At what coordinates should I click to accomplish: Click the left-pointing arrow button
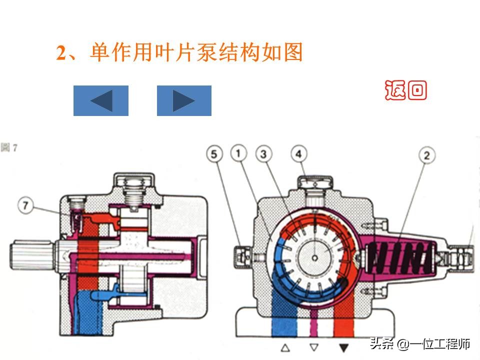101,100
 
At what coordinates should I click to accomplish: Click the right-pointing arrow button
184,100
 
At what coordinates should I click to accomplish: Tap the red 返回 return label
406,90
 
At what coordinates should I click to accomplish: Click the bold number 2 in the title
61,53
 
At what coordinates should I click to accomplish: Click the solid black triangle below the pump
343,347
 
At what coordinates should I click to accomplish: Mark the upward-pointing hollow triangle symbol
285,347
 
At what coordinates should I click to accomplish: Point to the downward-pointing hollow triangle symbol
314,347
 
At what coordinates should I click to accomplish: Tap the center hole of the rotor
314,257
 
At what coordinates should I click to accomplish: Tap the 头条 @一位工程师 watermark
420,344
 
